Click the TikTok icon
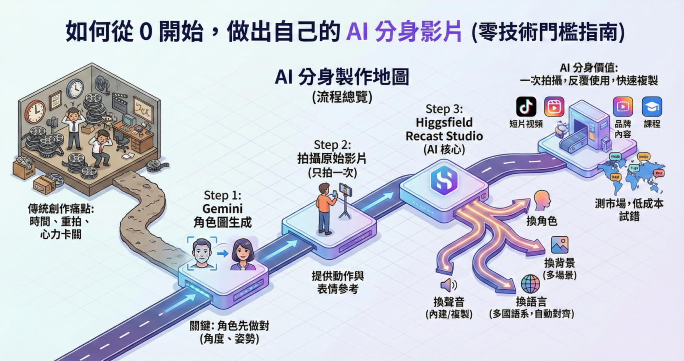point(526,107)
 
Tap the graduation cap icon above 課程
point(652,107)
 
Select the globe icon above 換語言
point(530,284)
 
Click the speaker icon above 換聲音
point(448,285)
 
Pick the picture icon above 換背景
point(559,245)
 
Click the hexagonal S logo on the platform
point(444,180)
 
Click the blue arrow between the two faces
point(223,254)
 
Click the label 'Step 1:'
point(222,195)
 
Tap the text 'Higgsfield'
point(444,123)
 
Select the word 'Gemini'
point(222,209)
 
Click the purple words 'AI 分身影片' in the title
point(404,32)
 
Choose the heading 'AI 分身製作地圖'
point(342,77)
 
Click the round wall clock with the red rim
point(36,111)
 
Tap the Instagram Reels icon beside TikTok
point(554,107)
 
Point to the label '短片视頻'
point(526,124)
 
